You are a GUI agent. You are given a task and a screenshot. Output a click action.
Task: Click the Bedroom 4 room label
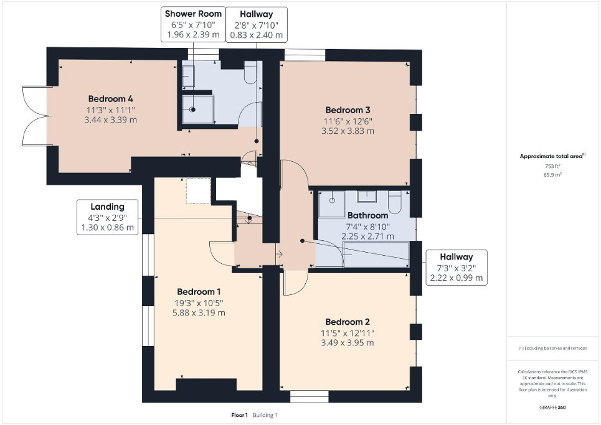point(110,98)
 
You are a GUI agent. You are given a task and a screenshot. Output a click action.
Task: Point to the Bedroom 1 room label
point(199,291)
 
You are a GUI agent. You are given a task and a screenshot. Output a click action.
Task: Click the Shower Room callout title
point(191,14)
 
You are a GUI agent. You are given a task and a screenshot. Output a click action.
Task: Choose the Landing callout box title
point(107,207)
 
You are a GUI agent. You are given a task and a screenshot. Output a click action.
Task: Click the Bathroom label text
point(367,215)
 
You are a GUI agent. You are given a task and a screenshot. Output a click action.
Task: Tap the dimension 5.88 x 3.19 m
point(199,312)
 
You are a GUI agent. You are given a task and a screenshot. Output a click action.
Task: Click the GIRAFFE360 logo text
point(553,408)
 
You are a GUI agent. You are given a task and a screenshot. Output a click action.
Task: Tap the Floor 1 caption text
point(239,415)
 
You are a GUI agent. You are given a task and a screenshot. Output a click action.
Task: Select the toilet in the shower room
point(250,73)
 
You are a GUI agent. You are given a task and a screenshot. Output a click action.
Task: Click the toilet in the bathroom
point(395,202)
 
